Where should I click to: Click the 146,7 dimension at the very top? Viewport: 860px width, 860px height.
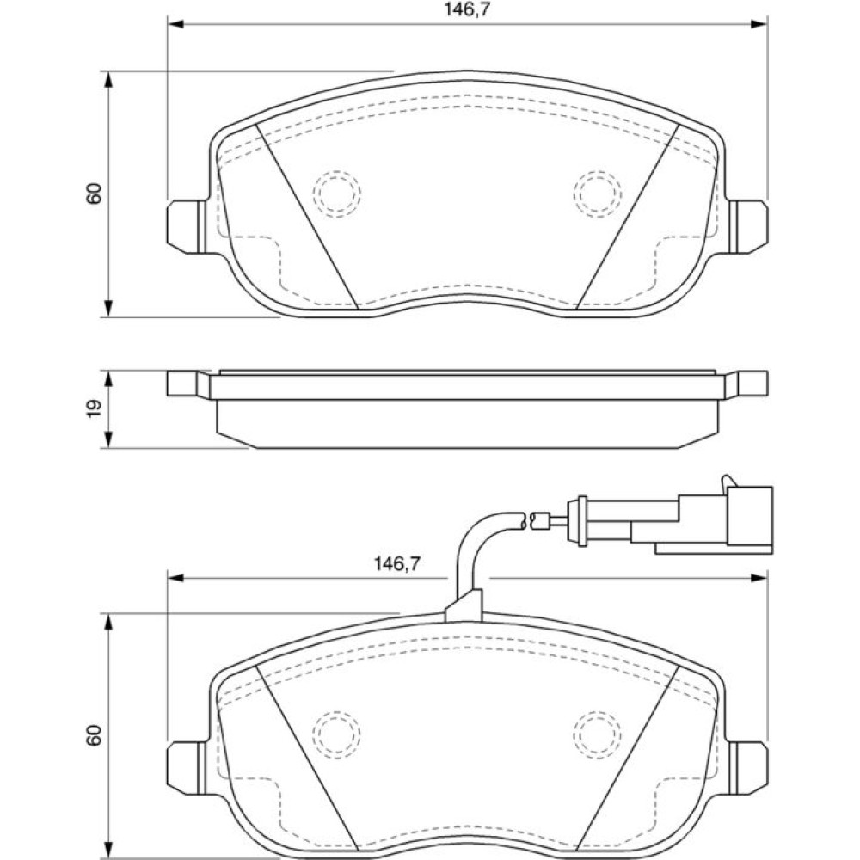coord(467,10)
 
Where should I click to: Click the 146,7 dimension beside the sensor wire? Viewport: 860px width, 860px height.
coord(396,563)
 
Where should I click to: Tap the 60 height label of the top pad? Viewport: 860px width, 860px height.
coord(94,193)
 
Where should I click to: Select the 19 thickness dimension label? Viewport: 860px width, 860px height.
coord(94,408)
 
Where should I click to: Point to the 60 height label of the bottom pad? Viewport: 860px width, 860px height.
coord(94,735)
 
